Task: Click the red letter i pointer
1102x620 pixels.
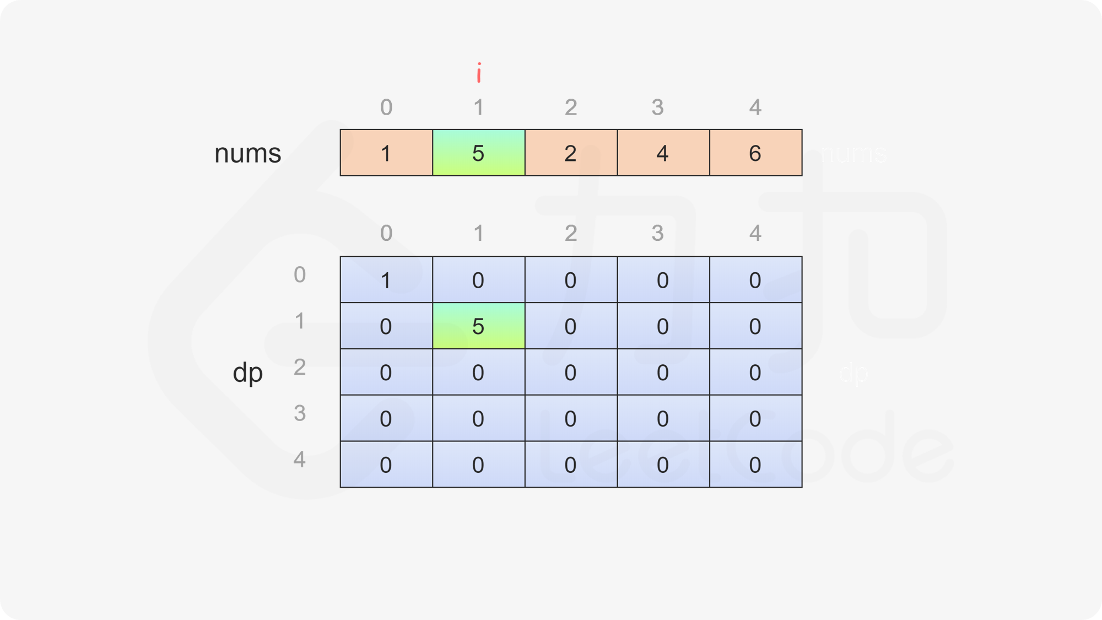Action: tap(479, 73)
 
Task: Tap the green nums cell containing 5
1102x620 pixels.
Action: tap(478, 153)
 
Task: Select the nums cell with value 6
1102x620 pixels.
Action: tap(755, 153)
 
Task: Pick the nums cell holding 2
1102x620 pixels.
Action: tap(571, 153)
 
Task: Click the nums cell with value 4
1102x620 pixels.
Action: tap(663, 153)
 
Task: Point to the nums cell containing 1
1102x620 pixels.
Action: tap(386, 153)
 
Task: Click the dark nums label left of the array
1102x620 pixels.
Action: tap(247, 153)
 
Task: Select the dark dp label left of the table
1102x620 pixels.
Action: tap(247, 373)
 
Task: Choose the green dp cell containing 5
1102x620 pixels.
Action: tap(478, 326)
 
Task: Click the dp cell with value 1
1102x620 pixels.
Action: tap(386, 280)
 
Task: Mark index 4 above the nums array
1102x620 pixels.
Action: tap(755, 107)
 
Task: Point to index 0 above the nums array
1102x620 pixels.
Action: tap(386, 107)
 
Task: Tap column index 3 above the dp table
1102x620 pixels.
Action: tap(657, 233)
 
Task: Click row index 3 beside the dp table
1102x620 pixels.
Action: tap(300, 413)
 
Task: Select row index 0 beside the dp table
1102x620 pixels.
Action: tap(300, 274)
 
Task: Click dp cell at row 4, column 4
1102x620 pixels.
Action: tap(755, 465)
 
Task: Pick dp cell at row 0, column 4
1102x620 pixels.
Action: tap(755, 280)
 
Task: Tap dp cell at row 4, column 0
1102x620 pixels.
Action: tap(386, 465)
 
